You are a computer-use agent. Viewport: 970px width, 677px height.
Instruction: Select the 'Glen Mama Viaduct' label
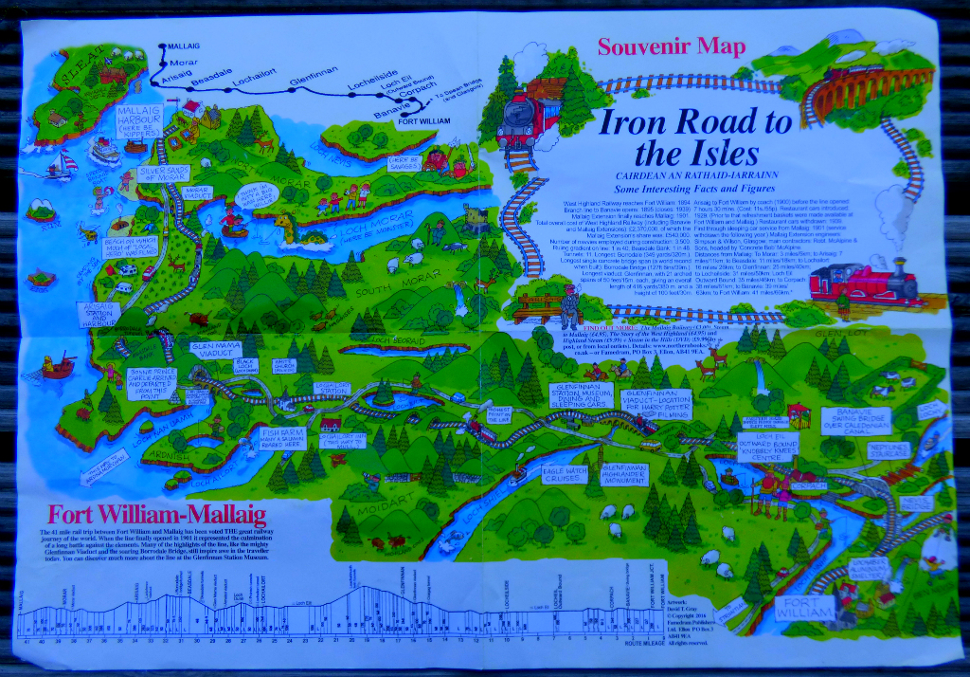click(x=215, y=352)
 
